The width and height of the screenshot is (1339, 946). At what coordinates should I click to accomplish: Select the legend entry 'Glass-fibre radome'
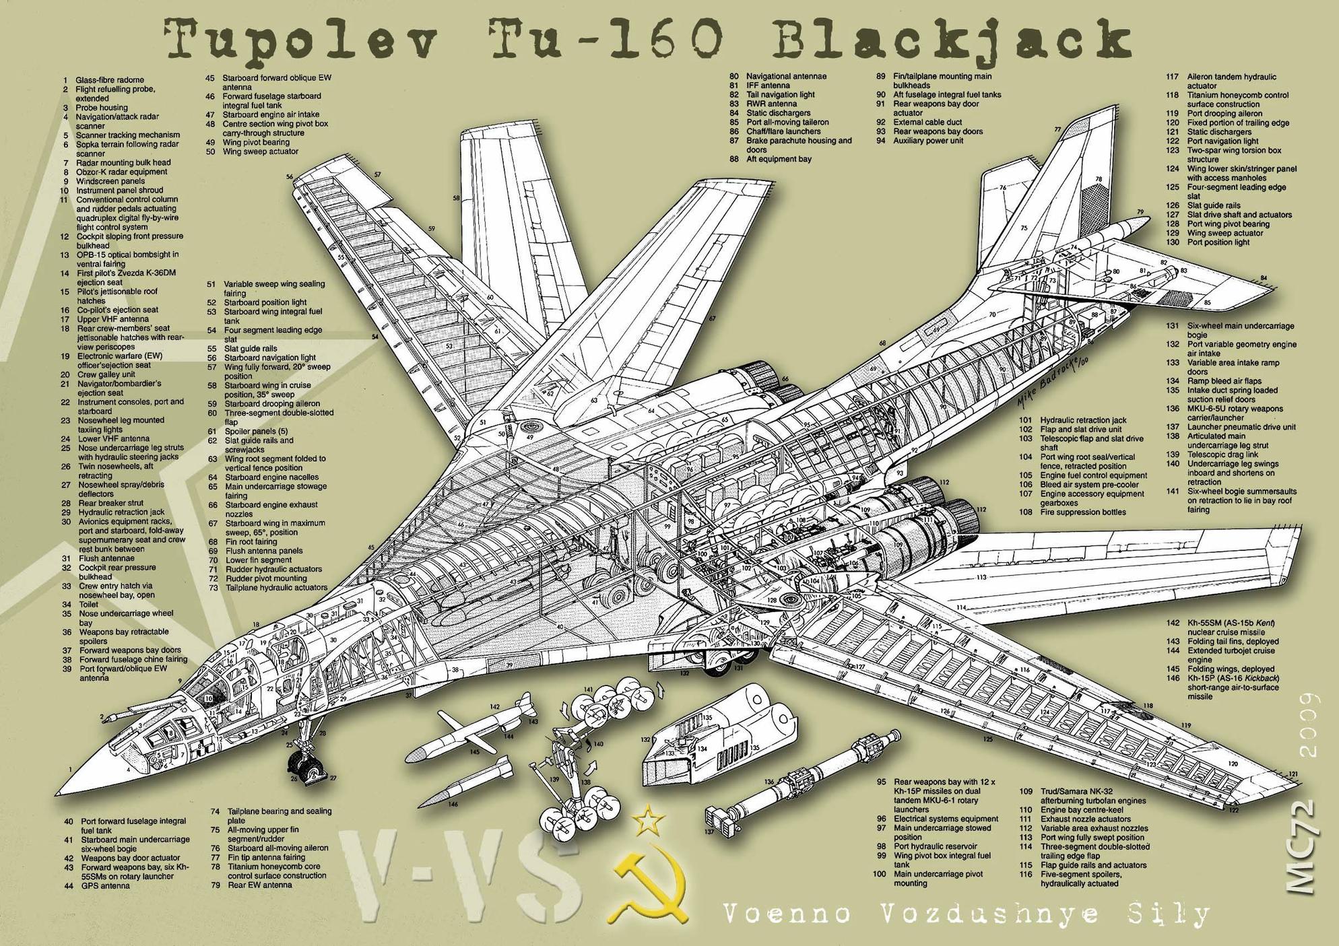click(x=109, y=79)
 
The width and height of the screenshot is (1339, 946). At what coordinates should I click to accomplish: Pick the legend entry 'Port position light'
click(x=1218, y=242)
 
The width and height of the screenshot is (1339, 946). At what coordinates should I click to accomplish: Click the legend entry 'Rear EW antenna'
click(x=260, y=885)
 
